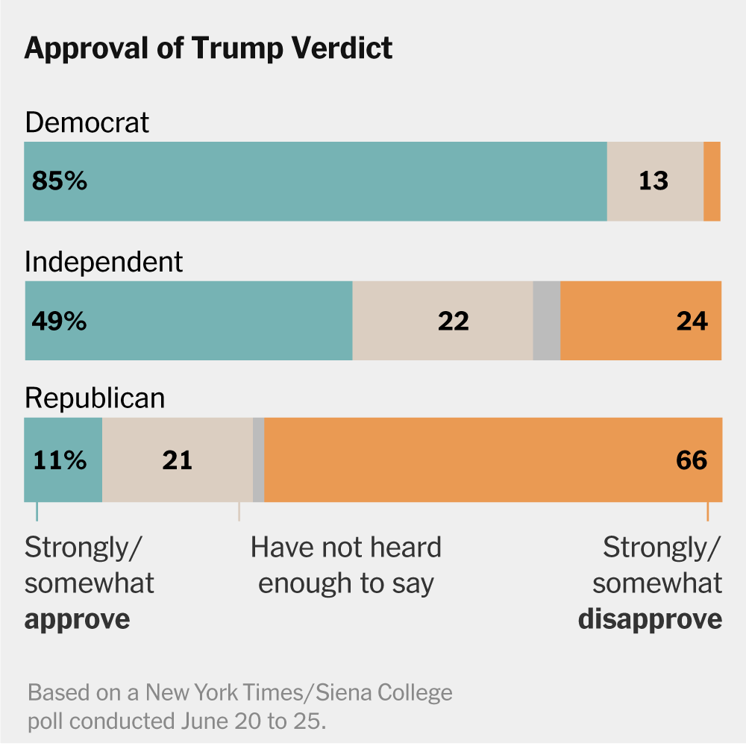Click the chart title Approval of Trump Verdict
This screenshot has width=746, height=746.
point(208,48)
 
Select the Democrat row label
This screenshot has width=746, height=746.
point(87,122)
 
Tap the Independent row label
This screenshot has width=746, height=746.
point(104,262)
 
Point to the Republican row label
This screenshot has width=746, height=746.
point(95,398)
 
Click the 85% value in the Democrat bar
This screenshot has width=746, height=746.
point(60,181)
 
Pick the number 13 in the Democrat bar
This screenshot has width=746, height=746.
point(653,181)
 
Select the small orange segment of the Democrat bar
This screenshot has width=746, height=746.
point(712,181)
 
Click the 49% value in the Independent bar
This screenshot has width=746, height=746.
point(60,321)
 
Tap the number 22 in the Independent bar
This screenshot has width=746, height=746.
point(454,321)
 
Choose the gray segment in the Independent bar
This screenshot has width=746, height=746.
point(546,321)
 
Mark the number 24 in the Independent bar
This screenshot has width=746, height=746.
point(692,321)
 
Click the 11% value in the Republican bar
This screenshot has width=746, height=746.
point(60,460)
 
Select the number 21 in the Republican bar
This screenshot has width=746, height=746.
point(177,460)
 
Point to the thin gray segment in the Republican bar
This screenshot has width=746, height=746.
point(258,460)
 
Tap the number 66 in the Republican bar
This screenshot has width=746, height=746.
point(692,460)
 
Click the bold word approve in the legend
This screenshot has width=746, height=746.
point(77,619)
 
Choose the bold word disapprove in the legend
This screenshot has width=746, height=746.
point(650,619)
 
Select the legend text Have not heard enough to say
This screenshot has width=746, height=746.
point(346,565)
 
